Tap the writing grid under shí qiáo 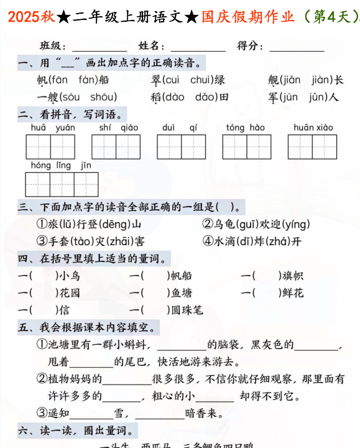[116, 147]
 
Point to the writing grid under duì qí [181, 147]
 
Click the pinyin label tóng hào [245, 128]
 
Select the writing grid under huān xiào [312, 147]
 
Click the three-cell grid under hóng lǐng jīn [62, 185]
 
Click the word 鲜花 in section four [292, 292]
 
